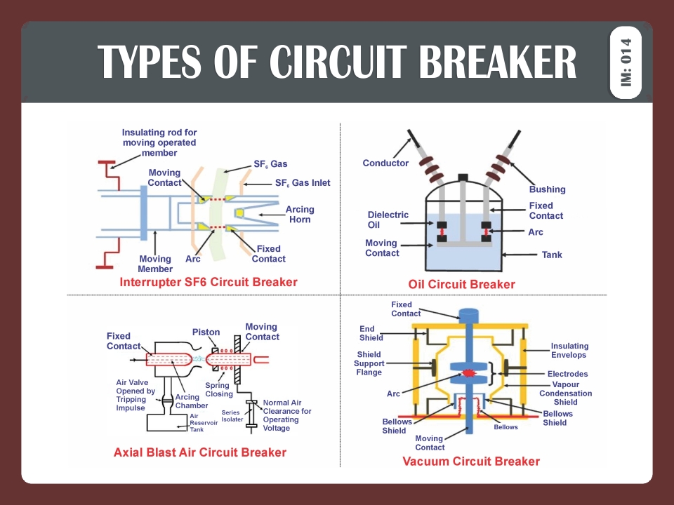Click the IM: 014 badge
pos(626,62)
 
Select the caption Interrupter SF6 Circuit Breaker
pos(209,282)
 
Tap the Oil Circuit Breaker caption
pos(461,284)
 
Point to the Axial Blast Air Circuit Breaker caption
pos(200,452)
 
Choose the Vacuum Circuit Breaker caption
pos(471,461)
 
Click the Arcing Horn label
pos(300,214)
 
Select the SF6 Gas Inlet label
pos(302,183)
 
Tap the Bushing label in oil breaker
pos(547,189)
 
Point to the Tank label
pos(552,255)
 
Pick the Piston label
pos(206,332)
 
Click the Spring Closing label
pos(219,389)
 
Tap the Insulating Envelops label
pos(569,350)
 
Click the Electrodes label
pos(567,374)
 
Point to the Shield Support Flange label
pos(370,363)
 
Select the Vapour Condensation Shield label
pos(566,393)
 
